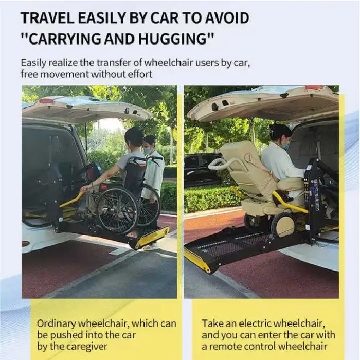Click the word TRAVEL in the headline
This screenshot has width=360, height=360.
click(x=47, y=18)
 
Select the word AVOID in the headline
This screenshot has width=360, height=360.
click(x=227, y=18)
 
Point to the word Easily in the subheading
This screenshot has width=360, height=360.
click(x=33, y=63)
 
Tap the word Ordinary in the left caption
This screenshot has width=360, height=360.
click(x=56, y=324)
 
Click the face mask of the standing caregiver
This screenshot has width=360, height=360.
click(x=147, y=150)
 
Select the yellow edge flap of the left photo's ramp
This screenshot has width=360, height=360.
click(x=152, y=238)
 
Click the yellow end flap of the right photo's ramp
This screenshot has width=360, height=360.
click(x=197, y=261)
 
